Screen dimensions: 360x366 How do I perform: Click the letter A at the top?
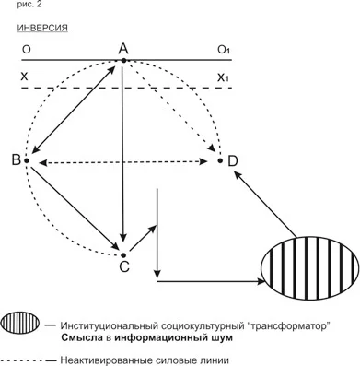123,49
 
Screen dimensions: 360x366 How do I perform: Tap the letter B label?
17,160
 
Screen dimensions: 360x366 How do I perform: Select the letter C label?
124,266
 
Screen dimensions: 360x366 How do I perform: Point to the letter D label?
233,161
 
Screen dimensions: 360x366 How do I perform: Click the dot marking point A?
123,61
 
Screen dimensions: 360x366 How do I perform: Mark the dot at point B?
27,160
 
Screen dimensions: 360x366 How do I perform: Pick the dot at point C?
123,255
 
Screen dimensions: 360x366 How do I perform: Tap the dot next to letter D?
220,160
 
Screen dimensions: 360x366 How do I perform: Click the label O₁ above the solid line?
224,50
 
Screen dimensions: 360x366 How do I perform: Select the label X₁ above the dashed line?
223,77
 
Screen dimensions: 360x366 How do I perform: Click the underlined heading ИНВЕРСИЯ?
42,28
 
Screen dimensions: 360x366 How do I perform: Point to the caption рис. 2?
29,5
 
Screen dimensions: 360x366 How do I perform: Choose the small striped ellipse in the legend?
20,322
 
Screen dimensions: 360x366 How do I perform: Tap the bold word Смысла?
82,337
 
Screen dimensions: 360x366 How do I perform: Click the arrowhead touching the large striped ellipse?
261,281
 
